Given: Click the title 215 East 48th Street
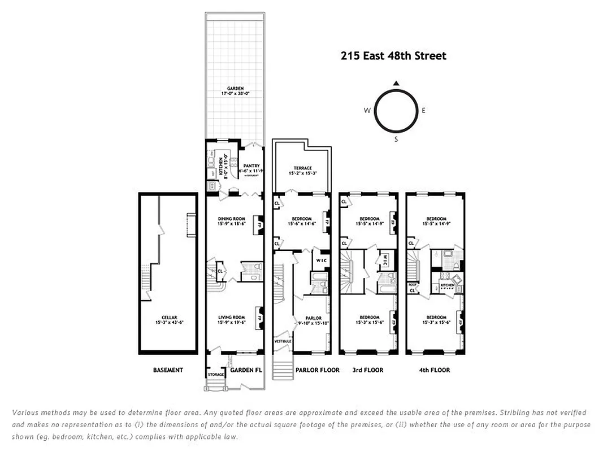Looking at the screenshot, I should (x=393, y=55).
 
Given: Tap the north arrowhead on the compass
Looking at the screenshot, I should (x=396, y=83).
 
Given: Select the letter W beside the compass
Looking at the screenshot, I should (x=367, y=111).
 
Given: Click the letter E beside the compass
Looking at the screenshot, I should (x=423, y=111).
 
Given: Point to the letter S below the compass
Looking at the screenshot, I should (x=396, y=139).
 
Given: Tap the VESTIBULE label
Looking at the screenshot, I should (x=282, y=341).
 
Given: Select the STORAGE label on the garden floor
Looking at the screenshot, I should (x=216, y=375).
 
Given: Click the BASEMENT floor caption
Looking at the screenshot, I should (x=168, y=370).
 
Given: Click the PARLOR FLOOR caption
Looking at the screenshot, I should (x=317, y=370).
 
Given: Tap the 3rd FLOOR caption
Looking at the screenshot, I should (x=368, y=370).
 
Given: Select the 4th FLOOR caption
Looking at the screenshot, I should (x=435, y=370).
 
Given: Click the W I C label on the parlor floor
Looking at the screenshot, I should (x=320, y=260).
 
